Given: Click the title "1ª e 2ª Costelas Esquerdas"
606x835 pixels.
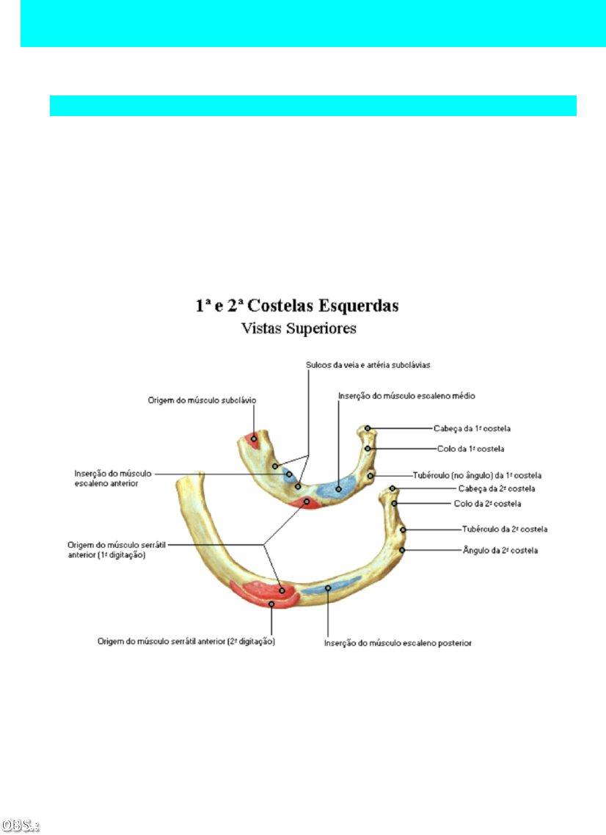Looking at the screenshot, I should [x=297, y=306].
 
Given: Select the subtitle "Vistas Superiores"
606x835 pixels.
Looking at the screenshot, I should [x=299, y=329].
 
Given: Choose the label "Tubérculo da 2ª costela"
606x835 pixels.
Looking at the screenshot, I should [x=505, y=529].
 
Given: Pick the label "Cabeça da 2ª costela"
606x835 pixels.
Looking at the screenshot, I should [x=496, y=488].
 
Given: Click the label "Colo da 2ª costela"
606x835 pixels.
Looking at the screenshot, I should [x=487, y=504].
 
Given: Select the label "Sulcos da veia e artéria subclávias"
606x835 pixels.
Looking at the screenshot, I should [x=368, y=365].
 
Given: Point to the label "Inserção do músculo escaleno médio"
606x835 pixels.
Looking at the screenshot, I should [x=406, y=396].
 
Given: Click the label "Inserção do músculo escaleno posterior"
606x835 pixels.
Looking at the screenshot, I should [x=398, y=643].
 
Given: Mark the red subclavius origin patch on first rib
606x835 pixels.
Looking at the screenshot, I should [x=253, y=441].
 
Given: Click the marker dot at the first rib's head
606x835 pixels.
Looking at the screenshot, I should [x=368, y=428].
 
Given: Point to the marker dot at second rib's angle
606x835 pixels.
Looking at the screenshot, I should [x=402, y=550].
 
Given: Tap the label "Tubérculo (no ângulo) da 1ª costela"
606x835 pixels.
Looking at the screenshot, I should [x=487, y=476].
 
